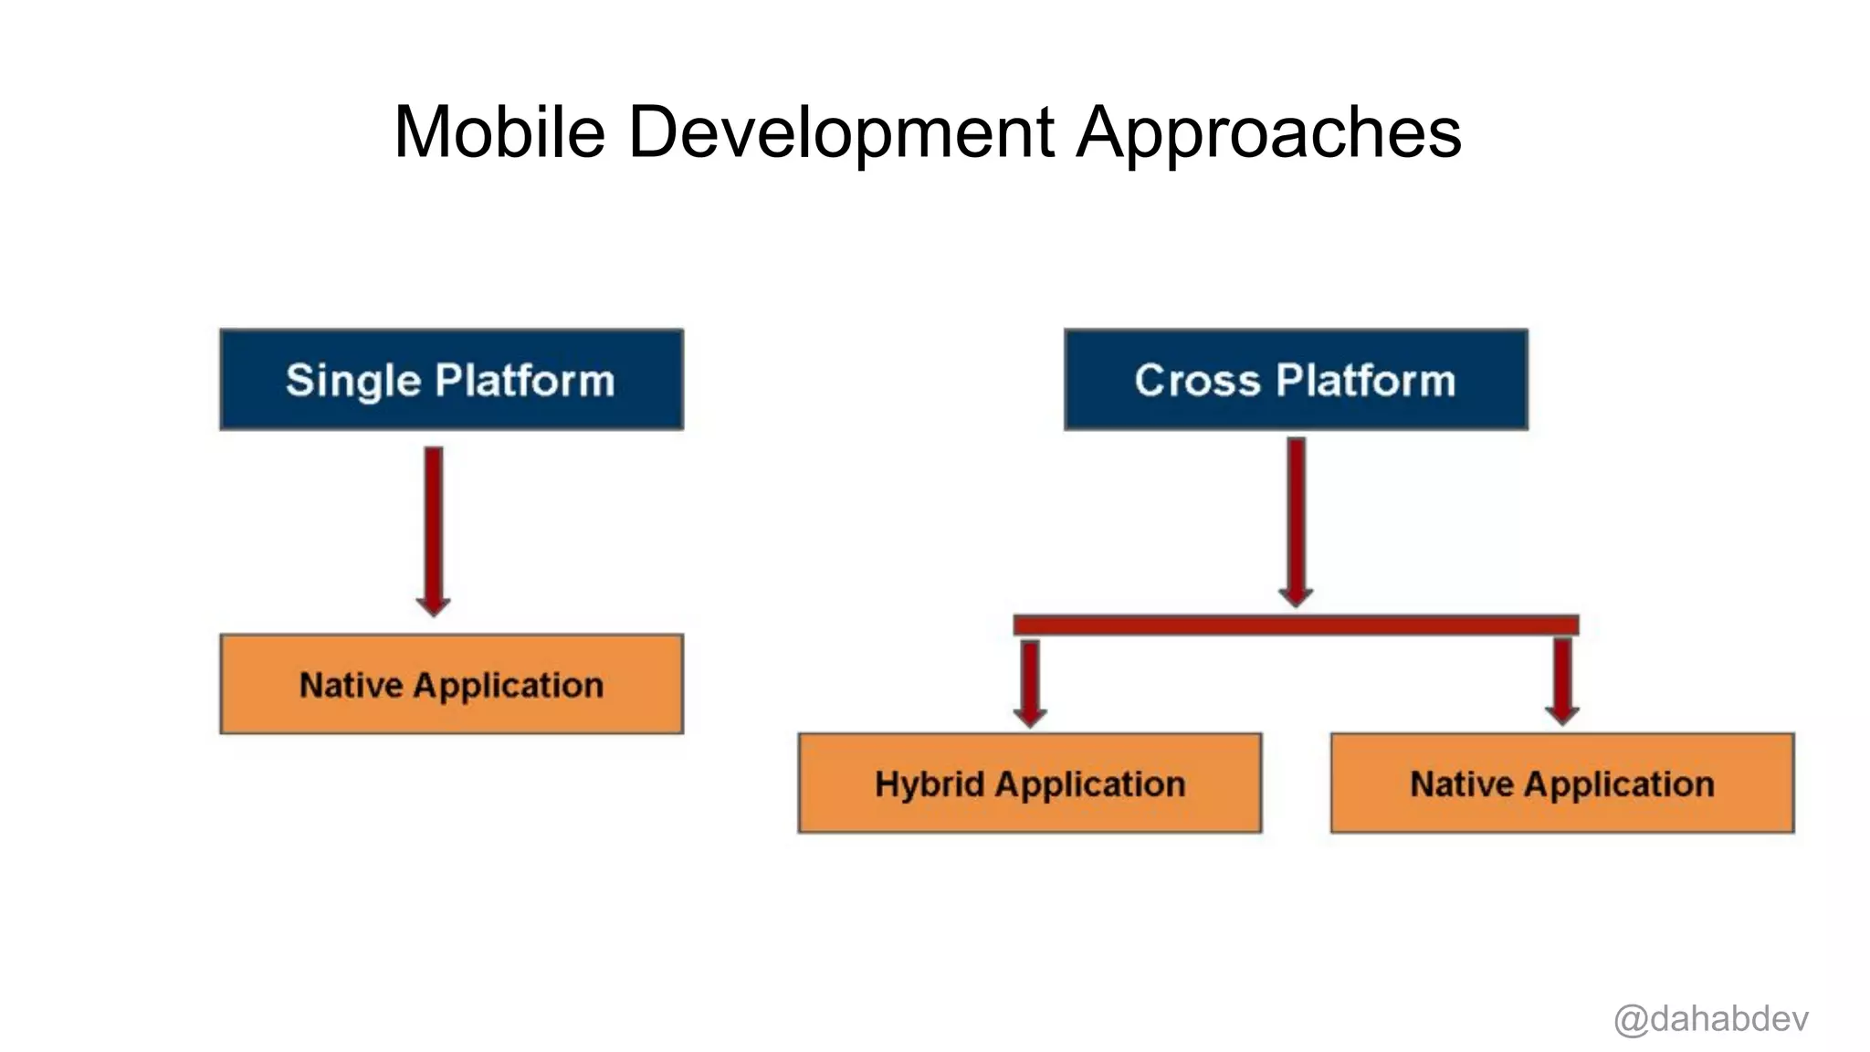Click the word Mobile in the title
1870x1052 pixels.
click(x=499, y=132)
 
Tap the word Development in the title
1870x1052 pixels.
click(x=841, y=132)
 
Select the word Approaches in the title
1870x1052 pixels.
click(x=1268, y=132)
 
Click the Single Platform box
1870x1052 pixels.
click(x=451, y=380)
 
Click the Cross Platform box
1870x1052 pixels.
click(x=1295, y=380)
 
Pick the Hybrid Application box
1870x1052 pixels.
click(x=1029, y=783)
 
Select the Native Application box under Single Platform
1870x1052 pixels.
click(x=451, y=684)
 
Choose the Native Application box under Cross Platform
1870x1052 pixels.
click(x=1561, y=783)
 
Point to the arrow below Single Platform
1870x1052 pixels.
click(x=434, y=530)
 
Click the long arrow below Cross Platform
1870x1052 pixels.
click(x=1296, y=521)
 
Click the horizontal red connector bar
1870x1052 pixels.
click(x=1296, y=625)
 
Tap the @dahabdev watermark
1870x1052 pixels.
click(x=1710, y=1018)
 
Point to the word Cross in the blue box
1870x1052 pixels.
click(x=1196, y=380)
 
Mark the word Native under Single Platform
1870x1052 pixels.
click(x=351, y=685)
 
